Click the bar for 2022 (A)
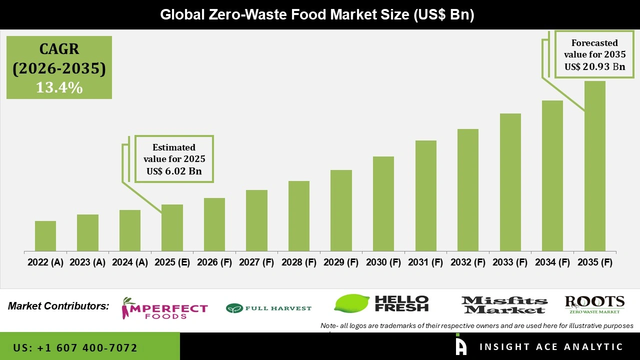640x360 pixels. [45, 236]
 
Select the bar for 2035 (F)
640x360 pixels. [594, 166]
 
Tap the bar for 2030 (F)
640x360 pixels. [383, 203]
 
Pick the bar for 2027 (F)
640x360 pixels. [256, 220]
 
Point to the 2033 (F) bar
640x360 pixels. [510, 182]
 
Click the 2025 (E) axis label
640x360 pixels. [172, 262]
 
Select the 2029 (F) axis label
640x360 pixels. [341, 262]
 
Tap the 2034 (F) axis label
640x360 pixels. [552, 262]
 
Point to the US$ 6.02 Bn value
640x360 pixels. [174, 171]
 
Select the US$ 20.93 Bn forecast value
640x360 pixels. [594, 66]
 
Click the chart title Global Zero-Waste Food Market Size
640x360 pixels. [317, 15]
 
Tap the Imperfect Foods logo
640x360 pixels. [164, 308]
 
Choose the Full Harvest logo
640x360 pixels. [268, 308]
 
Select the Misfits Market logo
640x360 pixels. [504, 305]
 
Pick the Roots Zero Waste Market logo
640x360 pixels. [594, 304]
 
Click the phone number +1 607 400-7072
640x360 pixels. [75, 347]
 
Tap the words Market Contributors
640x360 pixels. [58, 306]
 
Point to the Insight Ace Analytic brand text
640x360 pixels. [551, 347]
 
